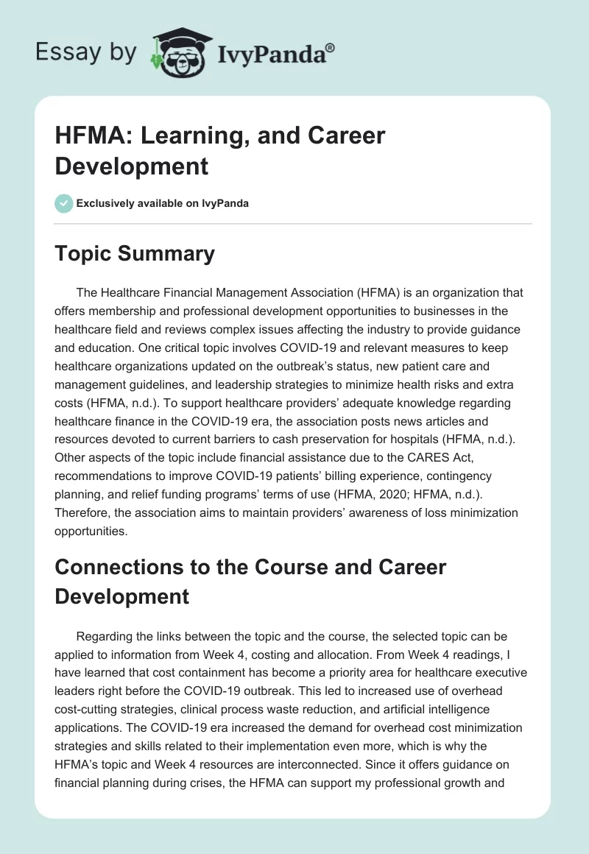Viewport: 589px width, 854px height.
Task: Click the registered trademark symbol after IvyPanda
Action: [331, 48]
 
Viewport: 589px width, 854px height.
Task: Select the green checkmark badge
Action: [64, 203]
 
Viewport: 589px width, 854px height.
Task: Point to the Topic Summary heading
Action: [135, 253]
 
